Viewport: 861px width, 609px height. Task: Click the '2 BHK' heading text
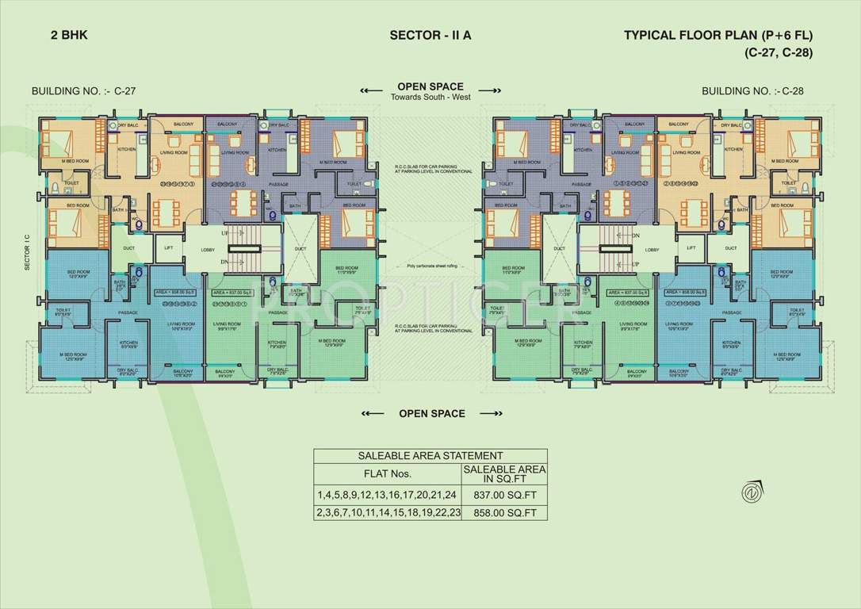click(55, 35)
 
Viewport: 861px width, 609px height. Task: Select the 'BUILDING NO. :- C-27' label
click(83, 91)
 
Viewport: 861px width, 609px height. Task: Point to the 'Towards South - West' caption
click(430, 98)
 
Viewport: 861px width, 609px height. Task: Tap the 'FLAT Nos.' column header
click(387, 474)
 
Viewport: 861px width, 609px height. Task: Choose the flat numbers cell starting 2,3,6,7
click(387, 513)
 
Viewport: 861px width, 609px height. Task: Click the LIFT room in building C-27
click(168, 248)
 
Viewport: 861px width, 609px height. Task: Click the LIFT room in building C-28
click(691, 248)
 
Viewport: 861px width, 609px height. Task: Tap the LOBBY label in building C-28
click(652, 249)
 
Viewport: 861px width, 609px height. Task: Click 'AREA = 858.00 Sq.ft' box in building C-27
click(174, 292)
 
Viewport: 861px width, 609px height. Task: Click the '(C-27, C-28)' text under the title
click(779, 52)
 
